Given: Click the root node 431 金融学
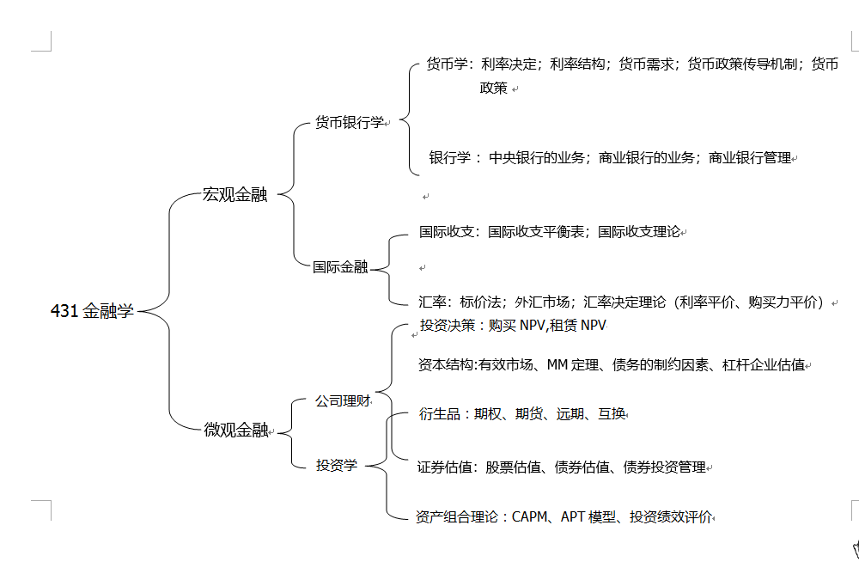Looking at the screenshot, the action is click(92, 311).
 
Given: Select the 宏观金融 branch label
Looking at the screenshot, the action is click(235, 194).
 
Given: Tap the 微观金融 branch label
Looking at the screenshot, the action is click(236, 430).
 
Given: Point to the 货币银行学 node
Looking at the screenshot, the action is click(350, 122).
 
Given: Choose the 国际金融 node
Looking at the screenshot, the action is click(340, 267).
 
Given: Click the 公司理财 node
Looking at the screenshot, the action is click(343, 400).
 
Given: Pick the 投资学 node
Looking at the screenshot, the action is click(337, 465).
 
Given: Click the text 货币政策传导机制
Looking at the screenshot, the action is click(742, 64).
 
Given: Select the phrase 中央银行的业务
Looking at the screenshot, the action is click(537, 158).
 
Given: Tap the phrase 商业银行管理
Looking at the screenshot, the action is click(750, 158).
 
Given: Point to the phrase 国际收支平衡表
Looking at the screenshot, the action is click(536, 232).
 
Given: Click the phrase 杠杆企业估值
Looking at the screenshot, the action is click(764, 364).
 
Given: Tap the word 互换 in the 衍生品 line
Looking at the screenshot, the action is click(612, 413).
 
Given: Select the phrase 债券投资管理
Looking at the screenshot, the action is click(665, 467).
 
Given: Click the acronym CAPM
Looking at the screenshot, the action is click(530, 516).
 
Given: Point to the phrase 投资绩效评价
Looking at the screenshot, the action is click(671, 516).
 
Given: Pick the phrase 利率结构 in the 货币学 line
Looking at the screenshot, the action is click(577, 64).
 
